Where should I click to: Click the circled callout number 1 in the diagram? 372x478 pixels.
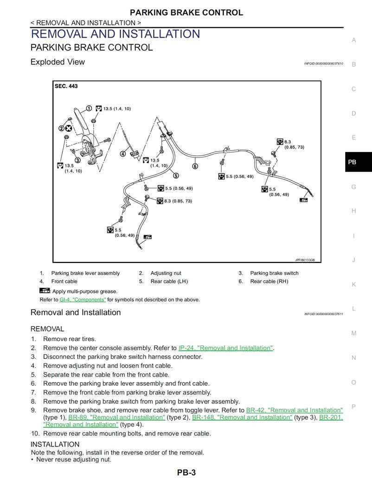coord(89,108)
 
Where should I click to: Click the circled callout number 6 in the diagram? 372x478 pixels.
coord(195,166)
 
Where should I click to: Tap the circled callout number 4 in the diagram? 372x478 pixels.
coord(123,154)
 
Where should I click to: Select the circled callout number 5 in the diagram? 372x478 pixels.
coord(176,175)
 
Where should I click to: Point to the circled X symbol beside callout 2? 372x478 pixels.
coord(69,128)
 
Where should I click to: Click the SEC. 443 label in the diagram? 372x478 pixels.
coord(66,86)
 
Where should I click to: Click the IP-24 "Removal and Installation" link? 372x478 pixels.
coord(225,348)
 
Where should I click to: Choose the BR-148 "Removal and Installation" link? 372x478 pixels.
coord(242,417)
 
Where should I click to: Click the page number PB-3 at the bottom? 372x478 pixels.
coord(186,472)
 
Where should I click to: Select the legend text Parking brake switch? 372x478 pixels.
coord(274,273)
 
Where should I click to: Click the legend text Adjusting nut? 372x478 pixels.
coord(166,273)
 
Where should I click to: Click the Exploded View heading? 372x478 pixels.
coord(58,62)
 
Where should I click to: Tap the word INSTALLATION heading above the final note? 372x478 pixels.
coord(55,444)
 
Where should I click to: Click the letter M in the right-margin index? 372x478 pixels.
coord(354,333)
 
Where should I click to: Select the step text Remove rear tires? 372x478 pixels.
coord(70,339)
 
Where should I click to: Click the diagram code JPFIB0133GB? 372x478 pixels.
coord(305,260)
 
